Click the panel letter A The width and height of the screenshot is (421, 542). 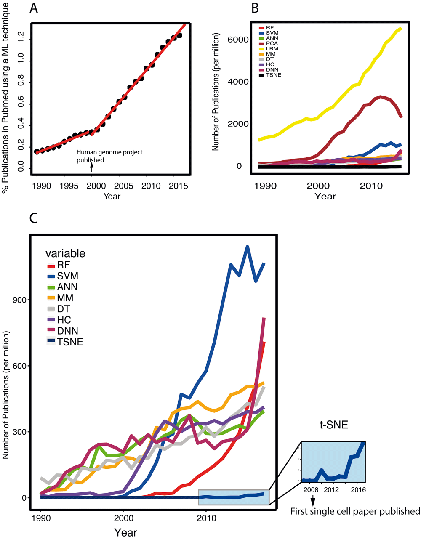click(x=34, y=8)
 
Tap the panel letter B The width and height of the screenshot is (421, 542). click(x=255, y=8)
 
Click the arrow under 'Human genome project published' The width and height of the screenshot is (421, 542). click(x=92, y=167)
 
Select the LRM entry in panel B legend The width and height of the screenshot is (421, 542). click(x=272, y=49)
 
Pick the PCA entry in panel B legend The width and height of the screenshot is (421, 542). click(x=272, y=43)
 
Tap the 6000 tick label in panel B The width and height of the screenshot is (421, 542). click(x=238, y=40)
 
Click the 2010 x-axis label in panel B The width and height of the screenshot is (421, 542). click(x=372, y=186)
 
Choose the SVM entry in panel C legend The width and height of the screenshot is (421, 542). click(x=67, y=276)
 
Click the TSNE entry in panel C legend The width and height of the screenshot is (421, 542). click(x=70, y=342)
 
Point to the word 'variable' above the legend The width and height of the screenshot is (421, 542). click(x=65, y=253)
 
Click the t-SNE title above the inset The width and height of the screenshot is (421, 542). click(x=333, y=425)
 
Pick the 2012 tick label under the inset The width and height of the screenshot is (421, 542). click(x=332, y=490)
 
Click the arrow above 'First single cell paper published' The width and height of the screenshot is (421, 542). click(x=313, y=501)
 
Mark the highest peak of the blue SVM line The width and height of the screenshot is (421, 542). click(x=248, y=247)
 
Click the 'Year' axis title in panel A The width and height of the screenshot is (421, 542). click(x=112, y=196)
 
